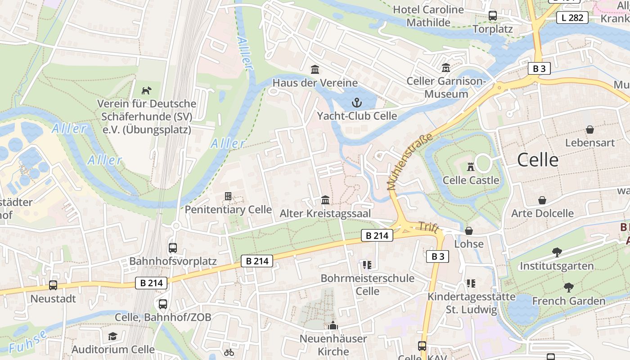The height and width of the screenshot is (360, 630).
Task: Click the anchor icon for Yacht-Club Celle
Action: click(356, 103)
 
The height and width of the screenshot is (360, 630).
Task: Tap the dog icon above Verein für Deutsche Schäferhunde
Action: click(147, 90)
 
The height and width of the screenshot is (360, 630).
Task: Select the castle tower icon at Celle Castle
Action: click(471, 167)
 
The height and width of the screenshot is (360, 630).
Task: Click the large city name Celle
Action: click(538, 160)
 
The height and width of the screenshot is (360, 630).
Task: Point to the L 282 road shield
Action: click(572, 18)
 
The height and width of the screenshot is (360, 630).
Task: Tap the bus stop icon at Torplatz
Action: click(493, 16)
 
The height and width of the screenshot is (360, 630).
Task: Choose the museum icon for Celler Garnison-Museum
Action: click(446, 68)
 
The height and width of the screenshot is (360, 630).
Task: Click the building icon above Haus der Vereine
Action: click(315, 70)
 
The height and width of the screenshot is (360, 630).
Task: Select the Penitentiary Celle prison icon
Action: click(228, 196)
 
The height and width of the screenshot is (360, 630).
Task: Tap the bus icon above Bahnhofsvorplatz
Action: click(173, 247)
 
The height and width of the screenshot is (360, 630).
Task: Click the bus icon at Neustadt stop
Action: click(53, 285)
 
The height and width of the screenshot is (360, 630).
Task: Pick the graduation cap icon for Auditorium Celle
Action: click(112, 336)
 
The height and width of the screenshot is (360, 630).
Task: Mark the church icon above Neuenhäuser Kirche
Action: click(333, 325)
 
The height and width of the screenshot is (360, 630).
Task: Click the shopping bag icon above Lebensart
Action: click(590, 130)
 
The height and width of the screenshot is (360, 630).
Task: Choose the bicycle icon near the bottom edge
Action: click(229, 352)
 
